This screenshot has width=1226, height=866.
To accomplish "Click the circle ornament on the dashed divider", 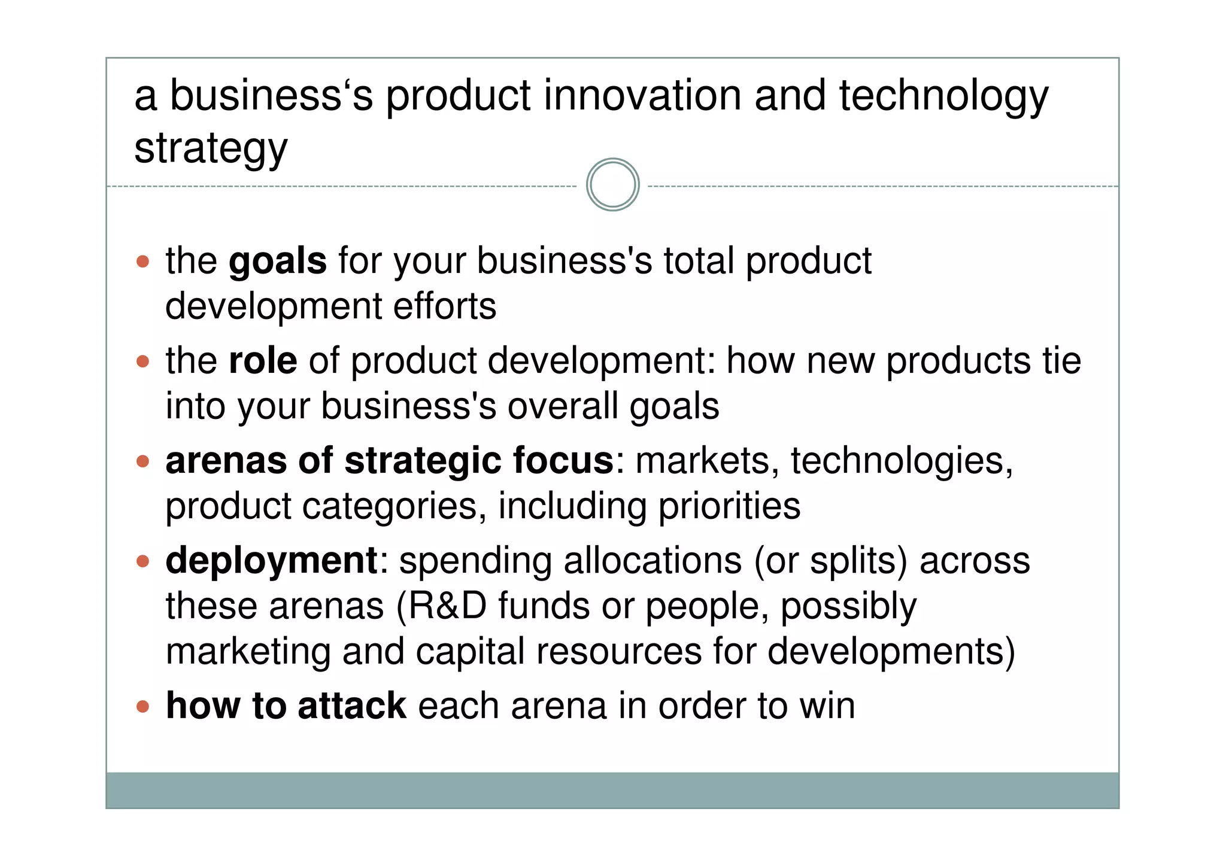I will (612, 184).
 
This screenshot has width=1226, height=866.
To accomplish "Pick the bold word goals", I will (278, 262).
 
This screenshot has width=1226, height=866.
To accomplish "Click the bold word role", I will (263, 361).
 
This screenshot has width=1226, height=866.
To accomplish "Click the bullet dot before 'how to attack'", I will (142, 707).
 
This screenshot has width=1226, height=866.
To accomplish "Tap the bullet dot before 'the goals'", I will (142, 262).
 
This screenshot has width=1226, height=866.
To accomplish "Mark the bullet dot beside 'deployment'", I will (142, 561).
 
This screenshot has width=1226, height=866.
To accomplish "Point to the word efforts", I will (444, 306).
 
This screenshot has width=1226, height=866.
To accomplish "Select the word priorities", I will (729, 506).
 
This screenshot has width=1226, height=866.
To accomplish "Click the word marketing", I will (248, 652).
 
